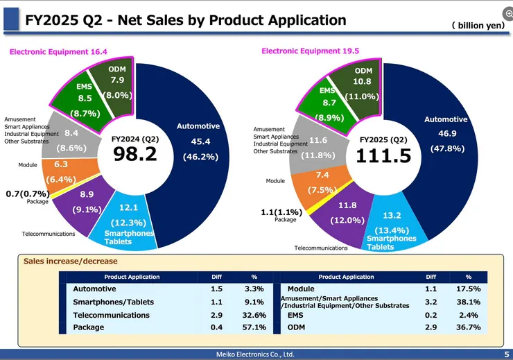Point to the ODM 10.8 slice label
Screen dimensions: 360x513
[363, 76]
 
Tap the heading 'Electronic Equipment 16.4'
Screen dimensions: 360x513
[58, 51]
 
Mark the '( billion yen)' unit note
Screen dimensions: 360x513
[478, 25]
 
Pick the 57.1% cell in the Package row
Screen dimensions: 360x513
[254, 327]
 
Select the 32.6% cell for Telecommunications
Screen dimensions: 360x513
[254, 315]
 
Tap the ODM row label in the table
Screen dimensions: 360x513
[296, 327]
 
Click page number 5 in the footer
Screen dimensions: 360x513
[506, 354]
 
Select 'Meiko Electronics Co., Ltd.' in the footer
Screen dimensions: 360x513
[256, 354]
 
